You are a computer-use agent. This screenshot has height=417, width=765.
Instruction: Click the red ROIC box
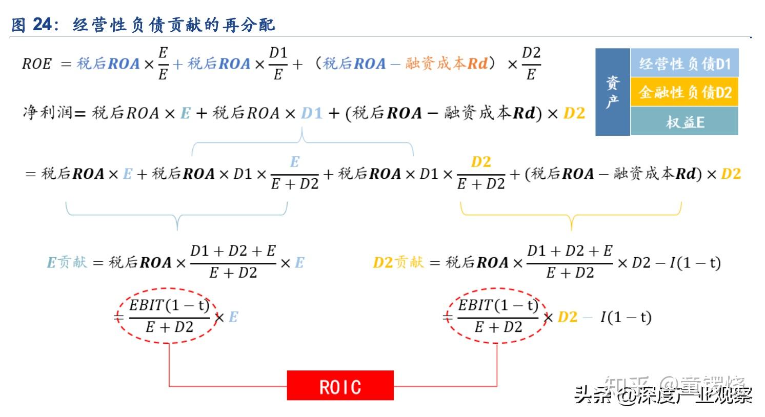[x=340, y=386]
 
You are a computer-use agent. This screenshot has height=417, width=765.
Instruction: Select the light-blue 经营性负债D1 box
[x=684, y=64]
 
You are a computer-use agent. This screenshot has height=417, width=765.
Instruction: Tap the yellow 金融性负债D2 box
[x=684, y=92]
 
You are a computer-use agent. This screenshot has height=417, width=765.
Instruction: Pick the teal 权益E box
[x=684, y=122]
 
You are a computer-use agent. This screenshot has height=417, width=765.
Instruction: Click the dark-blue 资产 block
[x=612, y=92]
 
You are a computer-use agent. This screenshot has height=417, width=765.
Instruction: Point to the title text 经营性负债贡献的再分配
[x=174, y=25]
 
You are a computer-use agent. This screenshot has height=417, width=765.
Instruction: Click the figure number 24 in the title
[x=43, y=25]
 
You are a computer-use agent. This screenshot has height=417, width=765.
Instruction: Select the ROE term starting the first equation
[x=37, y=64]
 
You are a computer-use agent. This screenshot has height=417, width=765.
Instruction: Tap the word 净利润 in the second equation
[x=47, y=112]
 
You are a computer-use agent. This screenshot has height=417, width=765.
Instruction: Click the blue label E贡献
[x=67, y=263]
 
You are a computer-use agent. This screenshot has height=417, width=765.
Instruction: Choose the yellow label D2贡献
[x=398, y=263]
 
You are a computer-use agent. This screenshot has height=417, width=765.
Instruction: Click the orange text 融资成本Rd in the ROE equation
[x=447, y=64]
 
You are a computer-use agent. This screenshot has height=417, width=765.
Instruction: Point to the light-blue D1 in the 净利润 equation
[x=312, y=113]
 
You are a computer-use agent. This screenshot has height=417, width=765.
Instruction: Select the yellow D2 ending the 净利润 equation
[x=574, y=113]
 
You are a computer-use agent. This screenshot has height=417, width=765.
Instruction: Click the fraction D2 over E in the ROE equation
[x=531, y=64]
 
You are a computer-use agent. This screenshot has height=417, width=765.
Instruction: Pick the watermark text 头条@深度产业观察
[x=663, y=395]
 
